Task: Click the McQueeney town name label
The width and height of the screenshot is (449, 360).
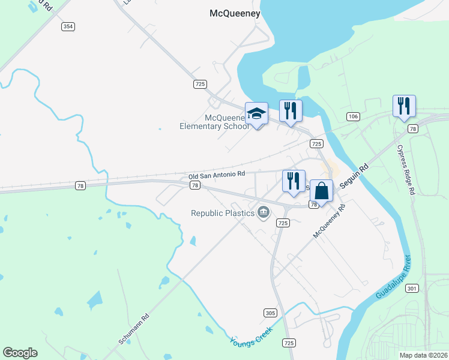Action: click(x=234, y=13)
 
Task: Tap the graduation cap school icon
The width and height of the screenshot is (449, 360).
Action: click(x=256, y=113)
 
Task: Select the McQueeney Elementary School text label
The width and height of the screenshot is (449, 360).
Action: click(x=214, y=122)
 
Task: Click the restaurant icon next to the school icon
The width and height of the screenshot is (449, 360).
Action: click(x=291, y=110)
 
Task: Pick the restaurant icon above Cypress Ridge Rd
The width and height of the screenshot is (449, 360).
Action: click(x=404, y=106)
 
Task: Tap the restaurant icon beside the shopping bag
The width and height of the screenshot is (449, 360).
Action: click(x=294, y=181)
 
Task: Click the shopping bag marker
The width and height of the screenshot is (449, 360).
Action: click(x=322, y=191)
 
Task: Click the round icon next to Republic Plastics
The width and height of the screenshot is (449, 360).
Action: click(x=263, y=212)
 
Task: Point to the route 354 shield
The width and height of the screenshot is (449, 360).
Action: click(x=68, y=26)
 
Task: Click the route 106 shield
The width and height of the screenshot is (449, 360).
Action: click(x=353, y=115)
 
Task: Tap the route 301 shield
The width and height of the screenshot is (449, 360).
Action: click(x=411, y=289)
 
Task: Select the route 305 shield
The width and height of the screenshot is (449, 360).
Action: click(x=270, y=313)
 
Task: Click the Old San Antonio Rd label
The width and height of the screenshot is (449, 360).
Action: click(x=217, y=175)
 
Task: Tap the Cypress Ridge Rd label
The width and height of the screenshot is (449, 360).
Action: click(x=405, y=169)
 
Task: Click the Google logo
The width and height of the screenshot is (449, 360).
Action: click(x=20, y=353)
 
